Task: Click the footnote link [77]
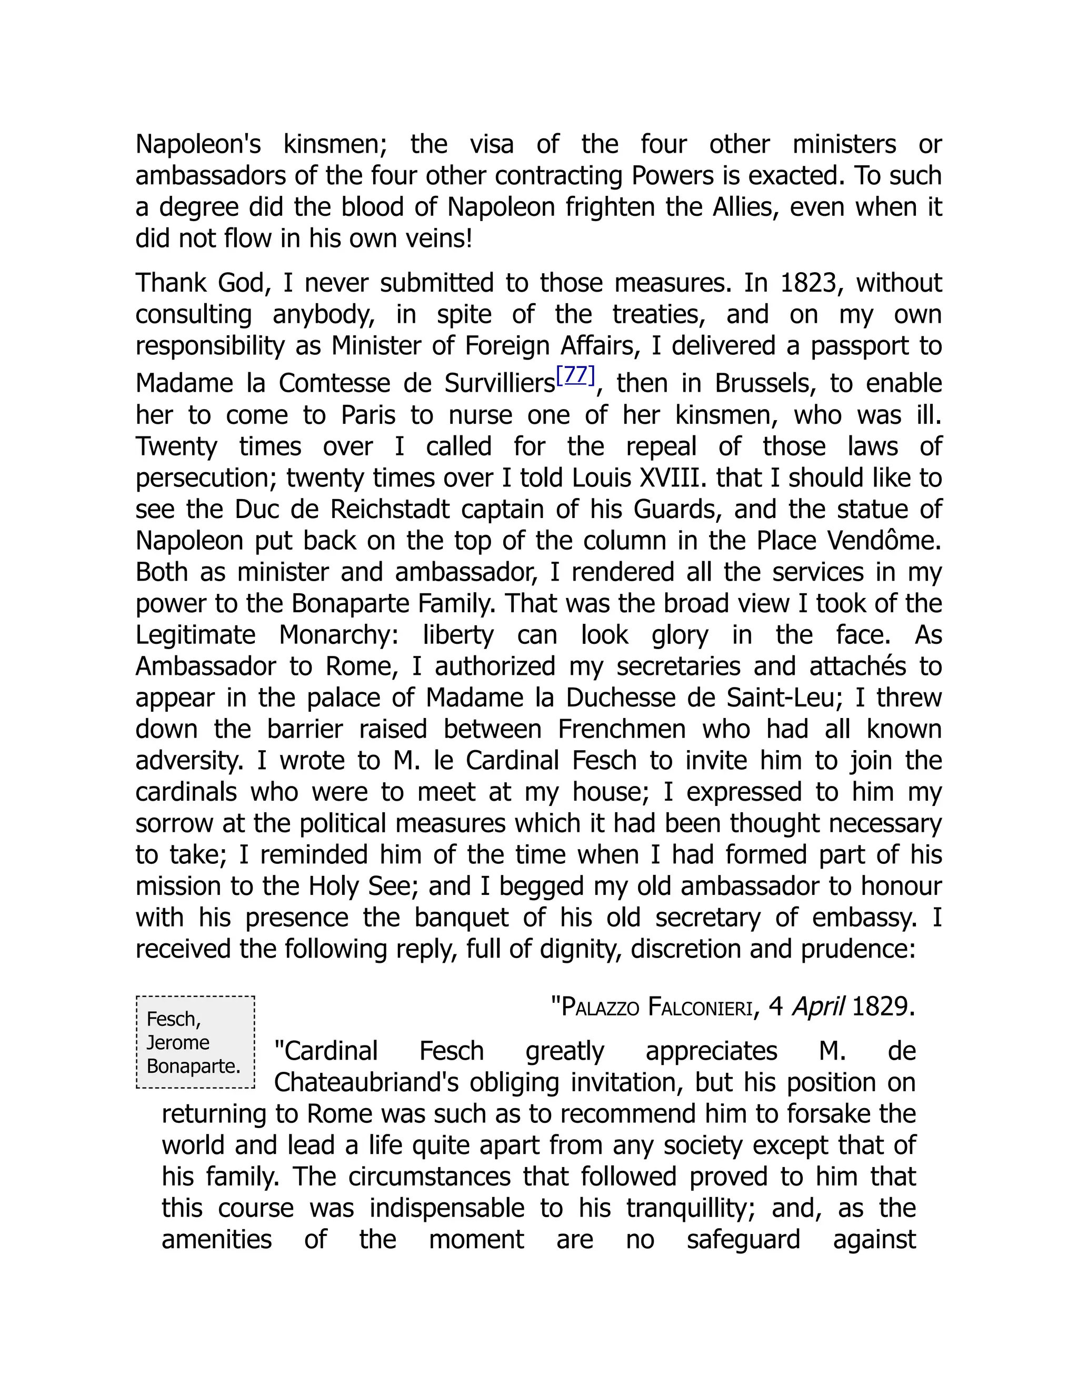point(575,375)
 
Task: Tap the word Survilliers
point(500,383)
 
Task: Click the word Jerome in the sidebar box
point(177,1042)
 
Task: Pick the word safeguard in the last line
point(743,1239)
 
